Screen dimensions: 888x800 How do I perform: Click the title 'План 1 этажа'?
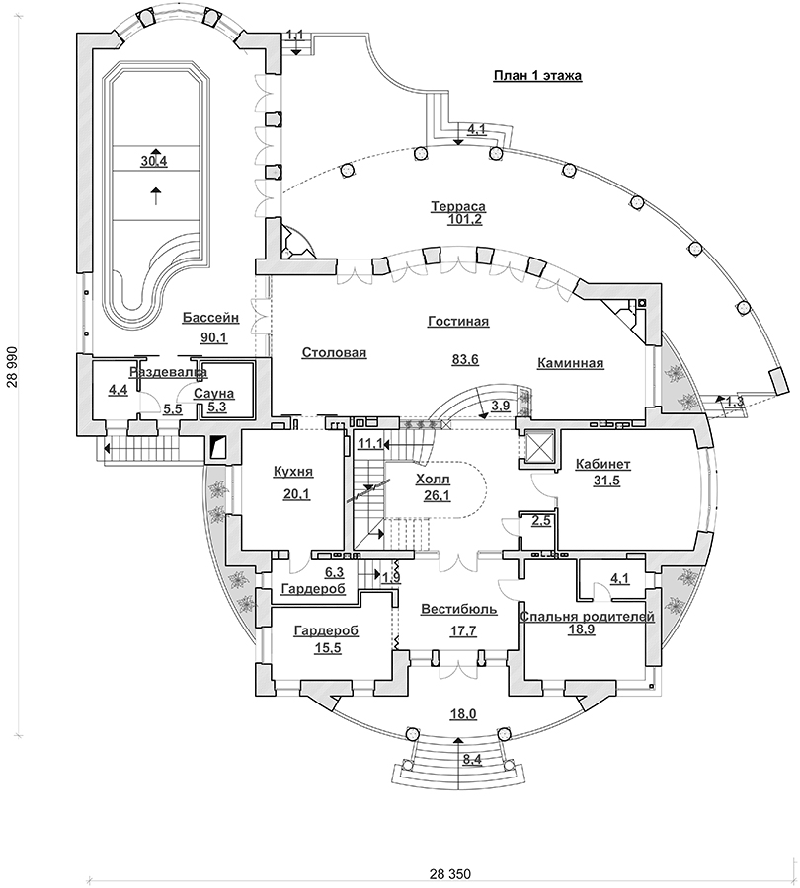coord(536,77)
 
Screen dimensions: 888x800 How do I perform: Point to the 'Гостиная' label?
coord(458,322)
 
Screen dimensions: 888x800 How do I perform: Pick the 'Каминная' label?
coord(571,363)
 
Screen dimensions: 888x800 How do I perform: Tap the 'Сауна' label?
coord(212,393)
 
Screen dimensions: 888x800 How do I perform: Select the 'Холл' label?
coord(433,478)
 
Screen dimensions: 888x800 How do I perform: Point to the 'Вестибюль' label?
coord(448,609)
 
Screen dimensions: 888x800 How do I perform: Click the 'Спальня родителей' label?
coord(587,616)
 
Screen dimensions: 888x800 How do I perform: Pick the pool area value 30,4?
coord(153,161)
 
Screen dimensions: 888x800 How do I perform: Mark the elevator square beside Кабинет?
coord(538,446)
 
